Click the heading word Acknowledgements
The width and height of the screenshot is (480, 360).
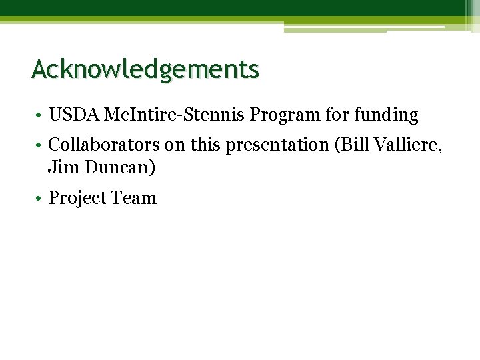point(145,69)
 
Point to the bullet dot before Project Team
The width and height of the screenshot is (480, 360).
point(41,199)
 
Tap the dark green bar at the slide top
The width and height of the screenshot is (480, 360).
point(233,8)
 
